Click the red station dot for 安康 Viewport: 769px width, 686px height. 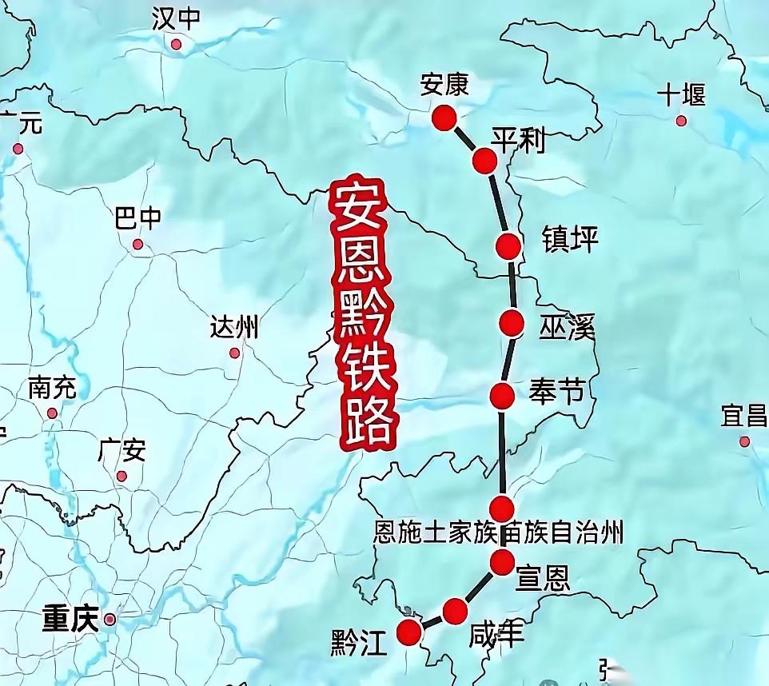tap(444, 118)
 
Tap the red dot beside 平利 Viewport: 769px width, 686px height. tap(484, 161)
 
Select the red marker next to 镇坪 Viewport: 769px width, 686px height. tap(508, 246)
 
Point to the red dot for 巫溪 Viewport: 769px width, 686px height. tap(512, 323)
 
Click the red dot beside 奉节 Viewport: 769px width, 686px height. tap(502, 395)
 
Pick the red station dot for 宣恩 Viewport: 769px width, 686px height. tap(502, 562)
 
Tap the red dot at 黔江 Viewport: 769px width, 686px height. tap(409, 631)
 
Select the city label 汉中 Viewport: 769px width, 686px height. tap(175, 18)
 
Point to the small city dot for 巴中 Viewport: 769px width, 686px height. tap(137, 244)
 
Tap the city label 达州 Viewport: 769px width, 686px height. tap(234, 327)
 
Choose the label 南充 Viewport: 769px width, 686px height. tap(52, 389)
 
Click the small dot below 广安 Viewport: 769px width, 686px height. tap(122, 477)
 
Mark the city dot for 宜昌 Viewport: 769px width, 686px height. tap(744, 441)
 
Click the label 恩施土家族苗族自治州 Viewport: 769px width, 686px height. tap(498, 533)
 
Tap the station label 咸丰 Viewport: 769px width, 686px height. tap(497, 635)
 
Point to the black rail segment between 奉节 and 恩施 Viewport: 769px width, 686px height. tap(503, 452)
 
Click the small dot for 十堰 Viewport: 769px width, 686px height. tap(681, 121)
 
